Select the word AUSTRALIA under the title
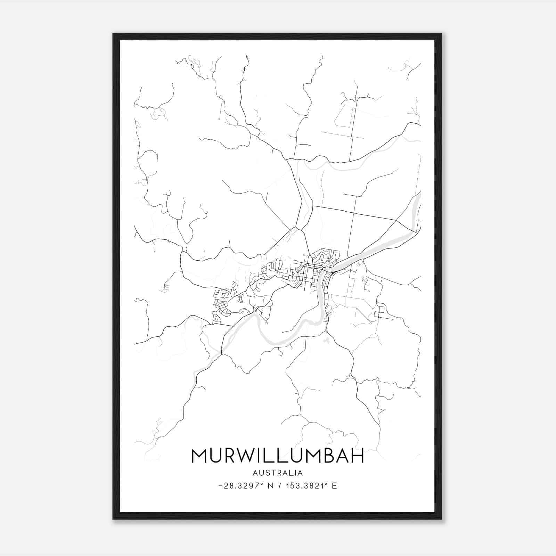(x=278, y=473)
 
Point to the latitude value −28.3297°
(x=241, y=486)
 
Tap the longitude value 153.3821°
(x=306, y=486)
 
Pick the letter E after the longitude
(x=334, y=486)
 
